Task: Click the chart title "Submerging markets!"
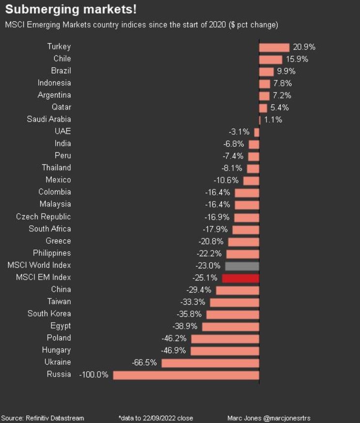pos(71,10)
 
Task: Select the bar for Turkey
pos(274,47)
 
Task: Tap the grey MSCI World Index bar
pos(241,266)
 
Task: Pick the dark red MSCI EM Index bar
pos(240,278)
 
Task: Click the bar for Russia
pos(186,375)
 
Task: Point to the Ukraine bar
pos(210,363)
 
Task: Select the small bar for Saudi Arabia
pos(260,120)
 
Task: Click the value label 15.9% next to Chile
pos(297,59)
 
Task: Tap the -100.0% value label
pos(94,375)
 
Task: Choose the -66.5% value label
pos(144,362)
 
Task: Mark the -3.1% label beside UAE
pos(239,132)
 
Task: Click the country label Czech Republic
pos(43,217)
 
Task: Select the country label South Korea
pos(49,313)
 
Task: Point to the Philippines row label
pos(52,253)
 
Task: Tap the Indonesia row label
pos(54,83)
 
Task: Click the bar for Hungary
pos(225,351)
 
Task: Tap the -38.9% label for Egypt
pos(185,326)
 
